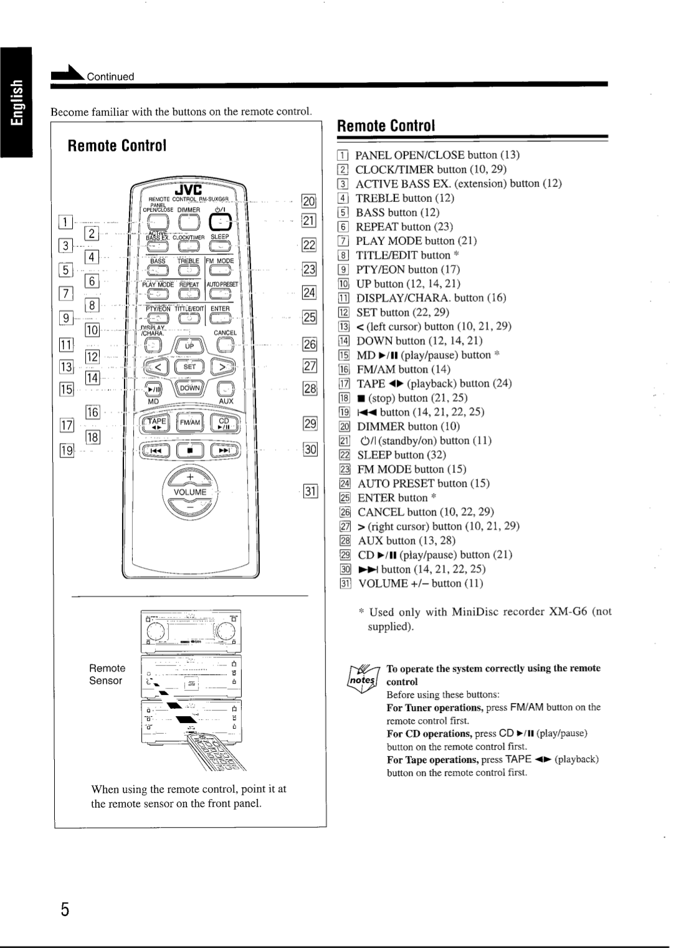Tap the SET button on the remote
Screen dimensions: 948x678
point(189,367)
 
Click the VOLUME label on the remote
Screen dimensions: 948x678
point(190,492)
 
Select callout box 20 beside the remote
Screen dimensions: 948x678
point(308,201)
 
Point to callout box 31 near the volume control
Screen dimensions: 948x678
point(310,492)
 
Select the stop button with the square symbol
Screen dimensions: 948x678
point(189,449)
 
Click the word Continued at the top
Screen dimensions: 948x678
point(110,77)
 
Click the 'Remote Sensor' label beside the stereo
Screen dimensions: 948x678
point(107,674)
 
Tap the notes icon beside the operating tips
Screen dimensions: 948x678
point(359,676)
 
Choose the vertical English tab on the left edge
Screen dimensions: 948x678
point(16,102)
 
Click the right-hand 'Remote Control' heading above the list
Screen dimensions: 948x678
point(385,125)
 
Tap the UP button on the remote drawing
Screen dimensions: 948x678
point(189,345)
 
